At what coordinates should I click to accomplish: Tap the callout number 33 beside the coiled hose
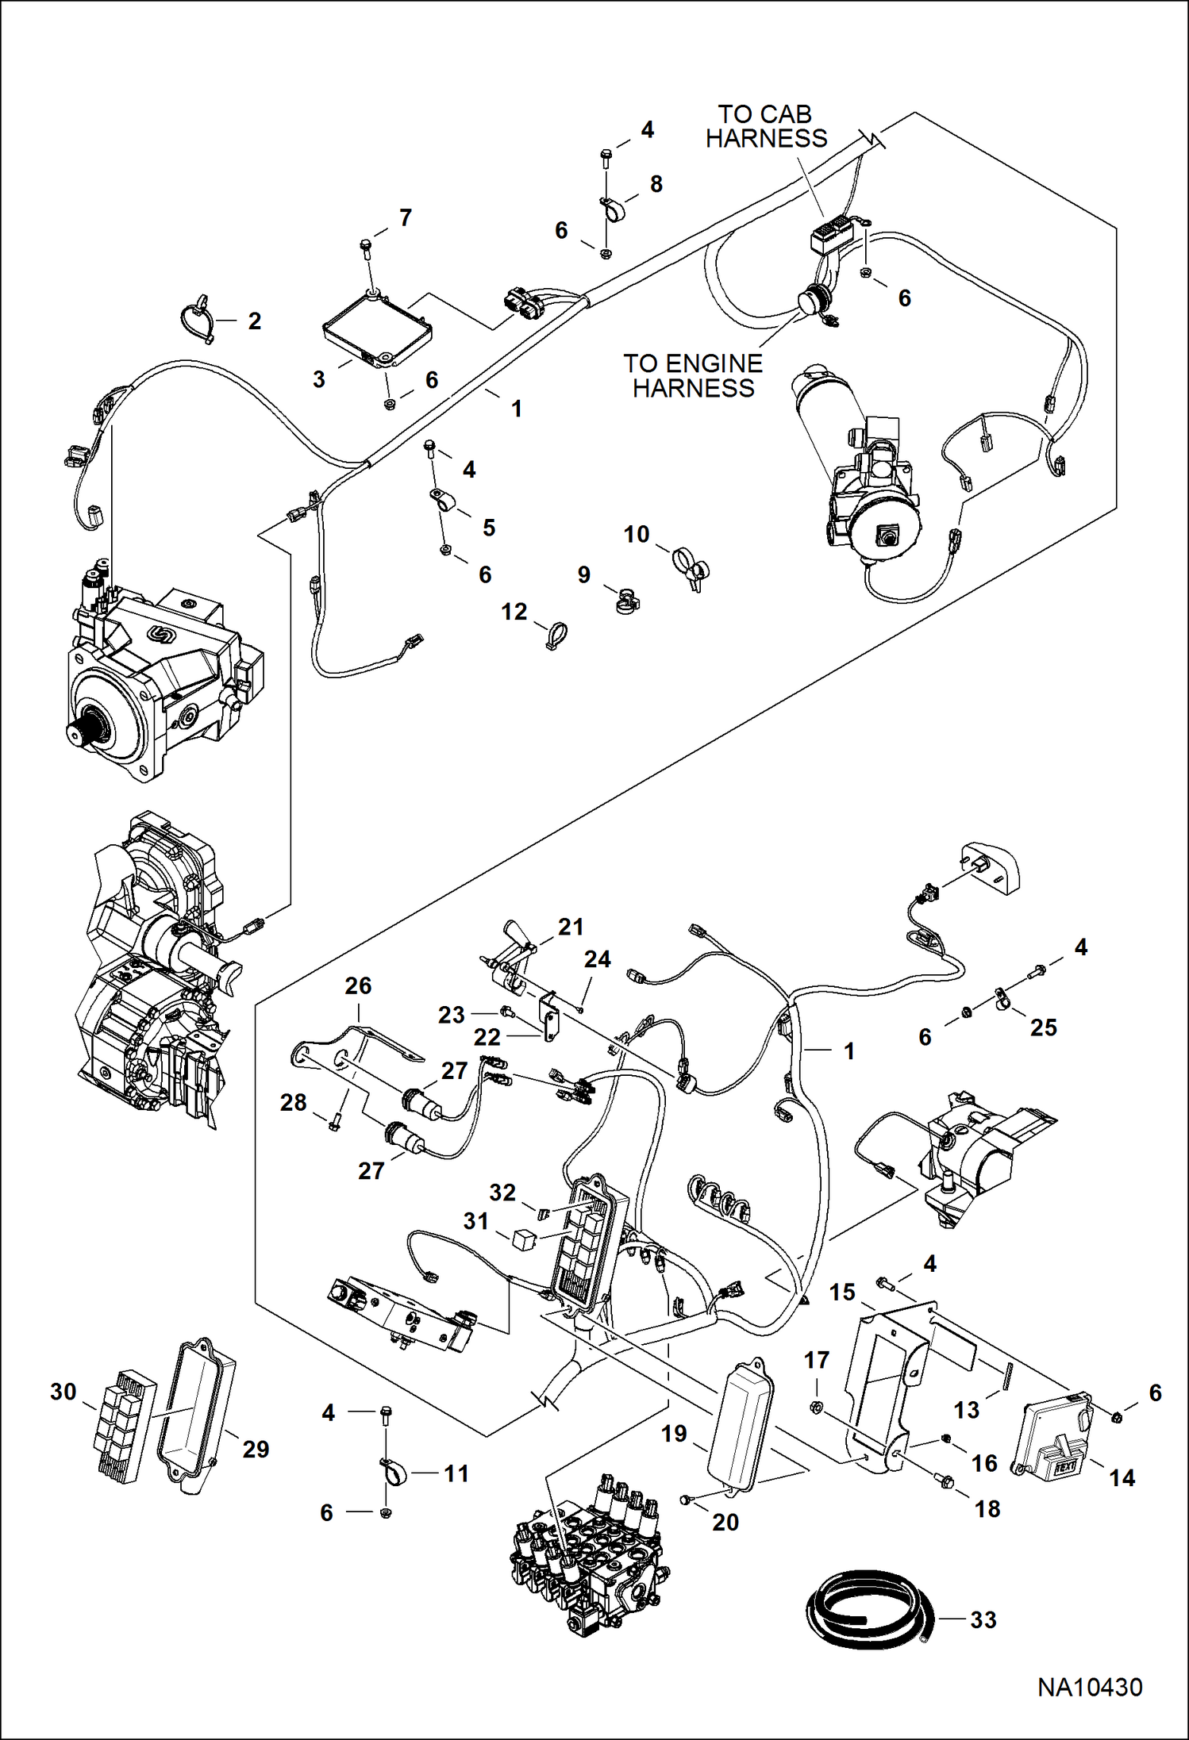coord(983,1619)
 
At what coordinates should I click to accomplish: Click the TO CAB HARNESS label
coord(766,127)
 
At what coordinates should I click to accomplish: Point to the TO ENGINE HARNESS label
coord(693,375)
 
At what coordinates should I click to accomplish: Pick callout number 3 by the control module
coord(318,379)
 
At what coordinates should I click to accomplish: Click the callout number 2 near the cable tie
coord(254,321)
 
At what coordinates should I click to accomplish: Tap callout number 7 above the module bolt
coord(406,217)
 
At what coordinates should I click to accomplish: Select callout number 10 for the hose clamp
coord(636,534)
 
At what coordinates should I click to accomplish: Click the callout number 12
coord(514,611)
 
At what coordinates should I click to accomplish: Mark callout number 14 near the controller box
coord(1122,1477)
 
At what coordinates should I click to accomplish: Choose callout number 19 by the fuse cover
coord(674,1433)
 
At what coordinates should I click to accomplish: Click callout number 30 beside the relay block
coord(63,1391)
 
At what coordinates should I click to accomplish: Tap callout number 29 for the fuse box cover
coord(255,1449)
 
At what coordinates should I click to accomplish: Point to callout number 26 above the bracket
coord(358,985)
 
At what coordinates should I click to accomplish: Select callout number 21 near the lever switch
coord(571,926)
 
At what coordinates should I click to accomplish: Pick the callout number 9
coord(583,574)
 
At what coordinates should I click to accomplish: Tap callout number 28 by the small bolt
coord(293,1102)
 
